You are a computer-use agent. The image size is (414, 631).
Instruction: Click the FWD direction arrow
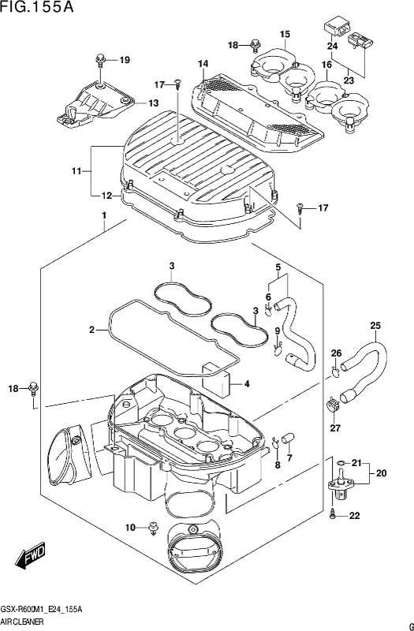[31, 558]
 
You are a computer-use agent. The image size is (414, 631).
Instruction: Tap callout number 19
[125, 61]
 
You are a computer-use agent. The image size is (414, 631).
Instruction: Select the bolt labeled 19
[101, 58]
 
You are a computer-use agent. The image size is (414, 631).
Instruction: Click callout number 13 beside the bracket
[153, 103]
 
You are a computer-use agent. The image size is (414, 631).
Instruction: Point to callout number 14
[203, 64]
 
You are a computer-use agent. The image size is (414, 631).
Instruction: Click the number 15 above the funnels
[285, 35]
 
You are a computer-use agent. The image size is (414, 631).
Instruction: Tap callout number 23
[349, 80]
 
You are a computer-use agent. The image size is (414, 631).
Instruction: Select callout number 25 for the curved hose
[375, 326]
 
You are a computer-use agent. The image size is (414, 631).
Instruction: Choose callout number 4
[247, 384]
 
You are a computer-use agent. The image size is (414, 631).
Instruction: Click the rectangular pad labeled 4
[216, 379]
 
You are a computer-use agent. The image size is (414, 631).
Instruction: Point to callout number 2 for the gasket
[91, 330]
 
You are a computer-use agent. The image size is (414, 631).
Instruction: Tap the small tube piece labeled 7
[289, 437]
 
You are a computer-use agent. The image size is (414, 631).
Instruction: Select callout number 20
[381, 474]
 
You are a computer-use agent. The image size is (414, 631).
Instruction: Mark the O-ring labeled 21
[341, 463]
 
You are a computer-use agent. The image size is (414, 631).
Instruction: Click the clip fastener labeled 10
[154, 528]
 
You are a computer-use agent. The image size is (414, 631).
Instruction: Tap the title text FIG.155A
[37, 7]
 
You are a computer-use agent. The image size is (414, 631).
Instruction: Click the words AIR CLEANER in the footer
[22, 622]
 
